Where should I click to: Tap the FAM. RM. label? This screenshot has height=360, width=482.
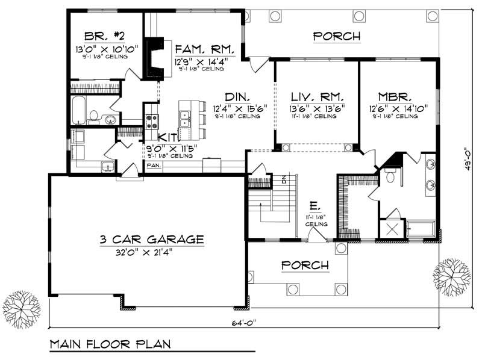pos(199,49)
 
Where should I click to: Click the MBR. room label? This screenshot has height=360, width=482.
pos(395,96)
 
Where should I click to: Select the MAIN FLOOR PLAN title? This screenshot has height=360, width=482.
pos(110,345)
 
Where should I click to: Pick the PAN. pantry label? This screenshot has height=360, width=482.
pos(153,164)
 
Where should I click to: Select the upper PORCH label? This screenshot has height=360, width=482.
pos(337,37)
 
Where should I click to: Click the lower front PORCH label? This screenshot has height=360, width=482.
pos(304,265)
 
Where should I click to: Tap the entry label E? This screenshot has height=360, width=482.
pos(313,205)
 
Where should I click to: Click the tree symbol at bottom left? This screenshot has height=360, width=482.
pos(22,309)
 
